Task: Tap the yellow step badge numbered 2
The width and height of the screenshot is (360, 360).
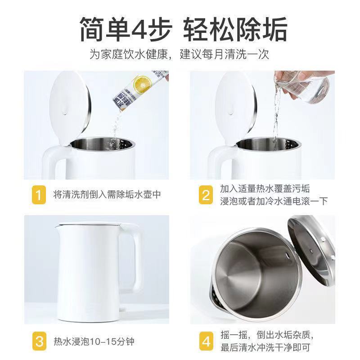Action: click(206, 195)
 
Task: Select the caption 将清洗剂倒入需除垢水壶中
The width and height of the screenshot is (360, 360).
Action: click(106, 195)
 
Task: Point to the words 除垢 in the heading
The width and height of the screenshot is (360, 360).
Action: click(261, 30)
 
